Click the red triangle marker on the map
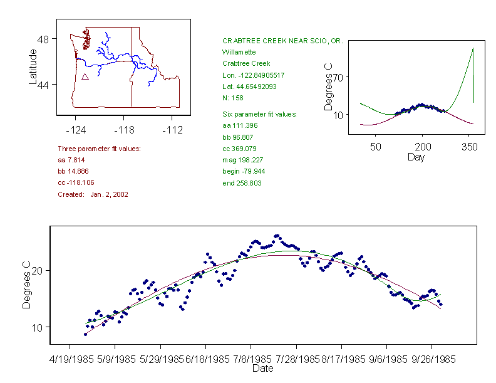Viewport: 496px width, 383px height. pos(85,76)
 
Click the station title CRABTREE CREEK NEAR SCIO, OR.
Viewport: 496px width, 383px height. pos(282,40)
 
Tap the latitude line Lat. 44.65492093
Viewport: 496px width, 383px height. pos(254,87)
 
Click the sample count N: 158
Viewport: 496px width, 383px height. pos(233,98)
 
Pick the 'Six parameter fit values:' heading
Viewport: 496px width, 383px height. pos(259,114)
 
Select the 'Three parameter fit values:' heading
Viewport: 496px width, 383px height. pos(99,149)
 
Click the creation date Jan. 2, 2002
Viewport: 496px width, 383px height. pos(109,194)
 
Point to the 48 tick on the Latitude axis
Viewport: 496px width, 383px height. pos(43,38)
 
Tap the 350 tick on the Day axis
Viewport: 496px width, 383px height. pos(469,147)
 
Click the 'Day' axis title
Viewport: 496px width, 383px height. pos(416,157)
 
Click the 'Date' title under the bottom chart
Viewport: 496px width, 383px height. pos(262,369)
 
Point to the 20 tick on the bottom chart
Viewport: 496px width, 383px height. pos(37,270)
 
